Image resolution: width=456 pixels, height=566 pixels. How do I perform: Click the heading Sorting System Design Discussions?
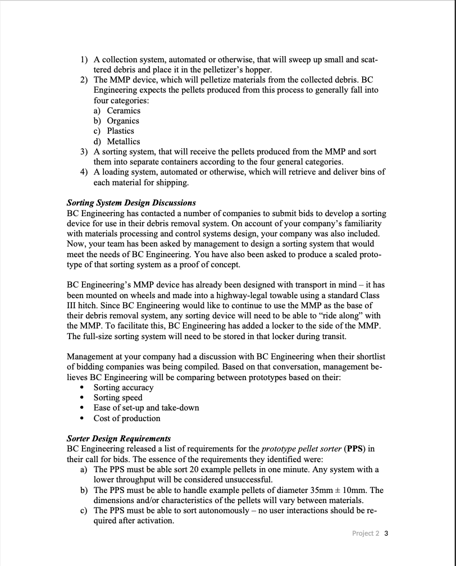tap(131, 203)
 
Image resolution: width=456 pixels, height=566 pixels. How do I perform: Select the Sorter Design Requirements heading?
tap(118, 438)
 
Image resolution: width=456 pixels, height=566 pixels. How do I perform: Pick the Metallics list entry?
tap(124, 141)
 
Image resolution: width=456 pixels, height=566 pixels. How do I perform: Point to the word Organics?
tap(123, 121)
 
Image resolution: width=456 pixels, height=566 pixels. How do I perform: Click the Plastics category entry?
tap(121, 131)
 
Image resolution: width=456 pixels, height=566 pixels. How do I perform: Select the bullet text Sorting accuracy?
tap(123, 387)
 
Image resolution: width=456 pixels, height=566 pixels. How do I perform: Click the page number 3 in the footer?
tap(386, 533)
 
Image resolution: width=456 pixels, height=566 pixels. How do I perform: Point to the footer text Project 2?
tap(366, 533)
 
